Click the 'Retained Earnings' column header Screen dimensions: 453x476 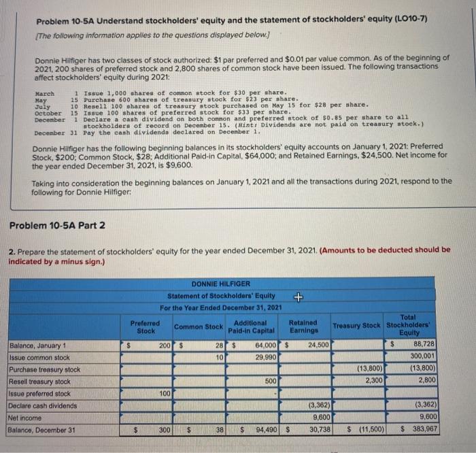tap(303, 326)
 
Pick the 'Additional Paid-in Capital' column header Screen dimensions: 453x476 tap(254, 326)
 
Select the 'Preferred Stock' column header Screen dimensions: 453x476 tap(146, 326)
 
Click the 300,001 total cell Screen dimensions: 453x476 tap(424, 357)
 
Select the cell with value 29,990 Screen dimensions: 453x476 tap(262, 357)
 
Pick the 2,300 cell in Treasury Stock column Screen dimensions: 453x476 tap(374, 381)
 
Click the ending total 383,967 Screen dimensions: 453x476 tap(424, 431)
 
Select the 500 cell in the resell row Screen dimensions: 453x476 tap(270, 381)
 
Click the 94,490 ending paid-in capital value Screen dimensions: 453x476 tap(262, 431)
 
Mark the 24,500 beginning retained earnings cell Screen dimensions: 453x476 tap(317, 345)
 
